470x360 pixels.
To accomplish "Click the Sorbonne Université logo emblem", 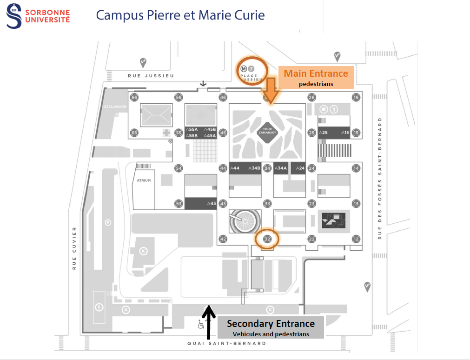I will [x=13, y=15].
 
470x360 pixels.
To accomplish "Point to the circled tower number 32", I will [x=267, y=239].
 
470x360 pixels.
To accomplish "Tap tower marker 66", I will [x=134, y=97].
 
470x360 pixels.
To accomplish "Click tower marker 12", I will [x=356, y=239].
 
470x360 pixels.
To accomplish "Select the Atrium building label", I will [x=144, y=180].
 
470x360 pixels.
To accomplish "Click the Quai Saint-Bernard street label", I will [x=226, y=343].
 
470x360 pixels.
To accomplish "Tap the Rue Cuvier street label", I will [x=74, y=248].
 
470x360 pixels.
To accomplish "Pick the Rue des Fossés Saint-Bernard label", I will [x=380, y=179].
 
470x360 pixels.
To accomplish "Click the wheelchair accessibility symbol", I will [x=201, y=324].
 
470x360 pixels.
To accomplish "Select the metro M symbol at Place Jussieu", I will [x=244, y=69].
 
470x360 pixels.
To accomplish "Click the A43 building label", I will [x=212, y=203].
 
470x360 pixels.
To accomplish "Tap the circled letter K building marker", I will [x=144, y=251].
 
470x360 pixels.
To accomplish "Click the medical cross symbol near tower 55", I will [x=166, y=133].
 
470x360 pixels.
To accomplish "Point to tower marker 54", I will [x=179, y=168].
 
